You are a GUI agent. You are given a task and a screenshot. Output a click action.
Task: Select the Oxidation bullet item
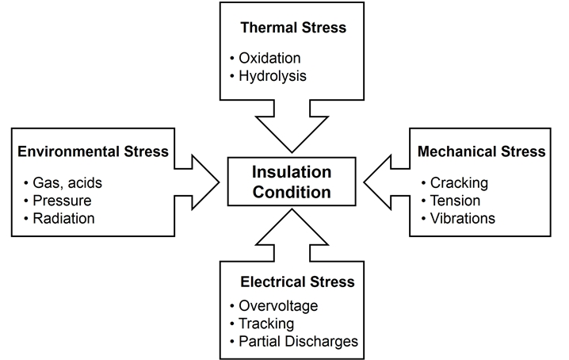pos(270,59)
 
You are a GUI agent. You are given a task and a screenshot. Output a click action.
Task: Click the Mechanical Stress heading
pos(481,151)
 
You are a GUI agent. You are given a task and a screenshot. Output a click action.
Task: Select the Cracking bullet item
pos(459,183)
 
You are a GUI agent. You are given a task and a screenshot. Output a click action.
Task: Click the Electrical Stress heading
pos(296,281)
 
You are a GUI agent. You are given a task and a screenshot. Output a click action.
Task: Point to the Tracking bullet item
pos(266,324)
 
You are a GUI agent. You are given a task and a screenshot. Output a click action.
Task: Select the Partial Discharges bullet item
pos(298,341)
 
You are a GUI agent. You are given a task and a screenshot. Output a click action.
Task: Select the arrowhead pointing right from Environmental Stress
pos(202,181)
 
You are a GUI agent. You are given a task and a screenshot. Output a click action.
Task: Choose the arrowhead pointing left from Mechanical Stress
pos(382,181)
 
